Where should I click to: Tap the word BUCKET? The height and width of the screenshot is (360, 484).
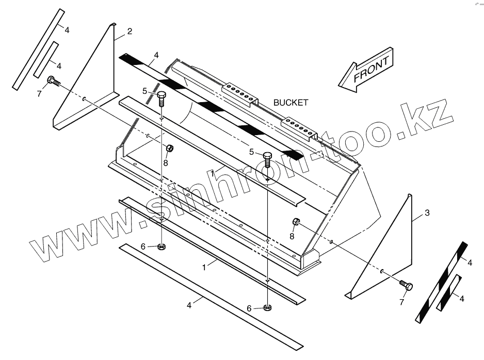point(291,103)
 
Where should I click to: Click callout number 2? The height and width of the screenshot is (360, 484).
point(130,31)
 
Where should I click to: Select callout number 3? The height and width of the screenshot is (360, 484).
point(427,212)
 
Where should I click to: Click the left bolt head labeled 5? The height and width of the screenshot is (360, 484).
point(161,95)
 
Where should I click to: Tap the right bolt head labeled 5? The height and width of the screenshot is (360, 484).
point(267,156)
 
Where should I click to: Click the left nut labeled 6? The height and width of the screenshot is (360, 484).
point(161,248)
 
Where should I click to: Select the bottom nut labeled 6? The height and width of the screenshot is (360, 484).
point(267,308)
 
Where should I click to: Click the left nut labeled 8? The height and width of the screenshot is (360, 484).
point(169,149)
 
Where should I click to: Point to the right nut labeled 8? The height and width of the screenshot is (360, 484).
point(296,223)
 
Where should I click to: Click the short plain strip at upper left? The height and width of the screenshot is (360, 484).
point(45,60)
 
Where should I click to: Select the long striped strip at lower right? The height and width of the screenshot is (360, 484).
point(441,283)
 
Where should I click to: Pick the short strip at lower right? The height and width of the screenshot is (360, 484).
point(448,293)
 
